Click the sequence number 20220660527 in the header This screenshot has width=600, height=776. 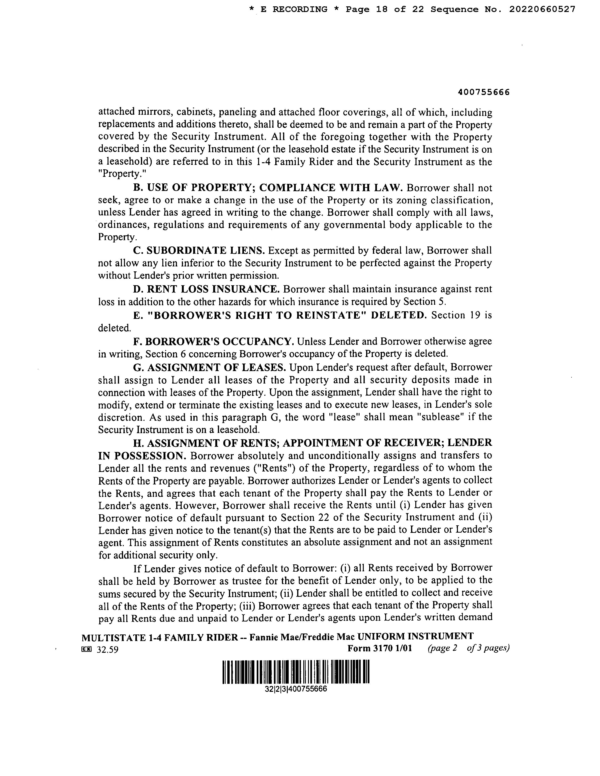click(x=542, y=10)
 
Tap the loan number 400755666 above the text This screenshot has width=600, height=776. click(x=484, y=92)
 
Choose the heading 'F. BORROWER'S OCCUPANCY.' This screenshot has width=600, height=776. click(x=214, y=341)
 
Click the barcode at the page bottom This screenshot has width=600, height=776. click(x=296, y=672)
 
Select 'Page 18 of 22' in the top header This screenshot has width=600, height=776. click(x=385, y=10)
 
